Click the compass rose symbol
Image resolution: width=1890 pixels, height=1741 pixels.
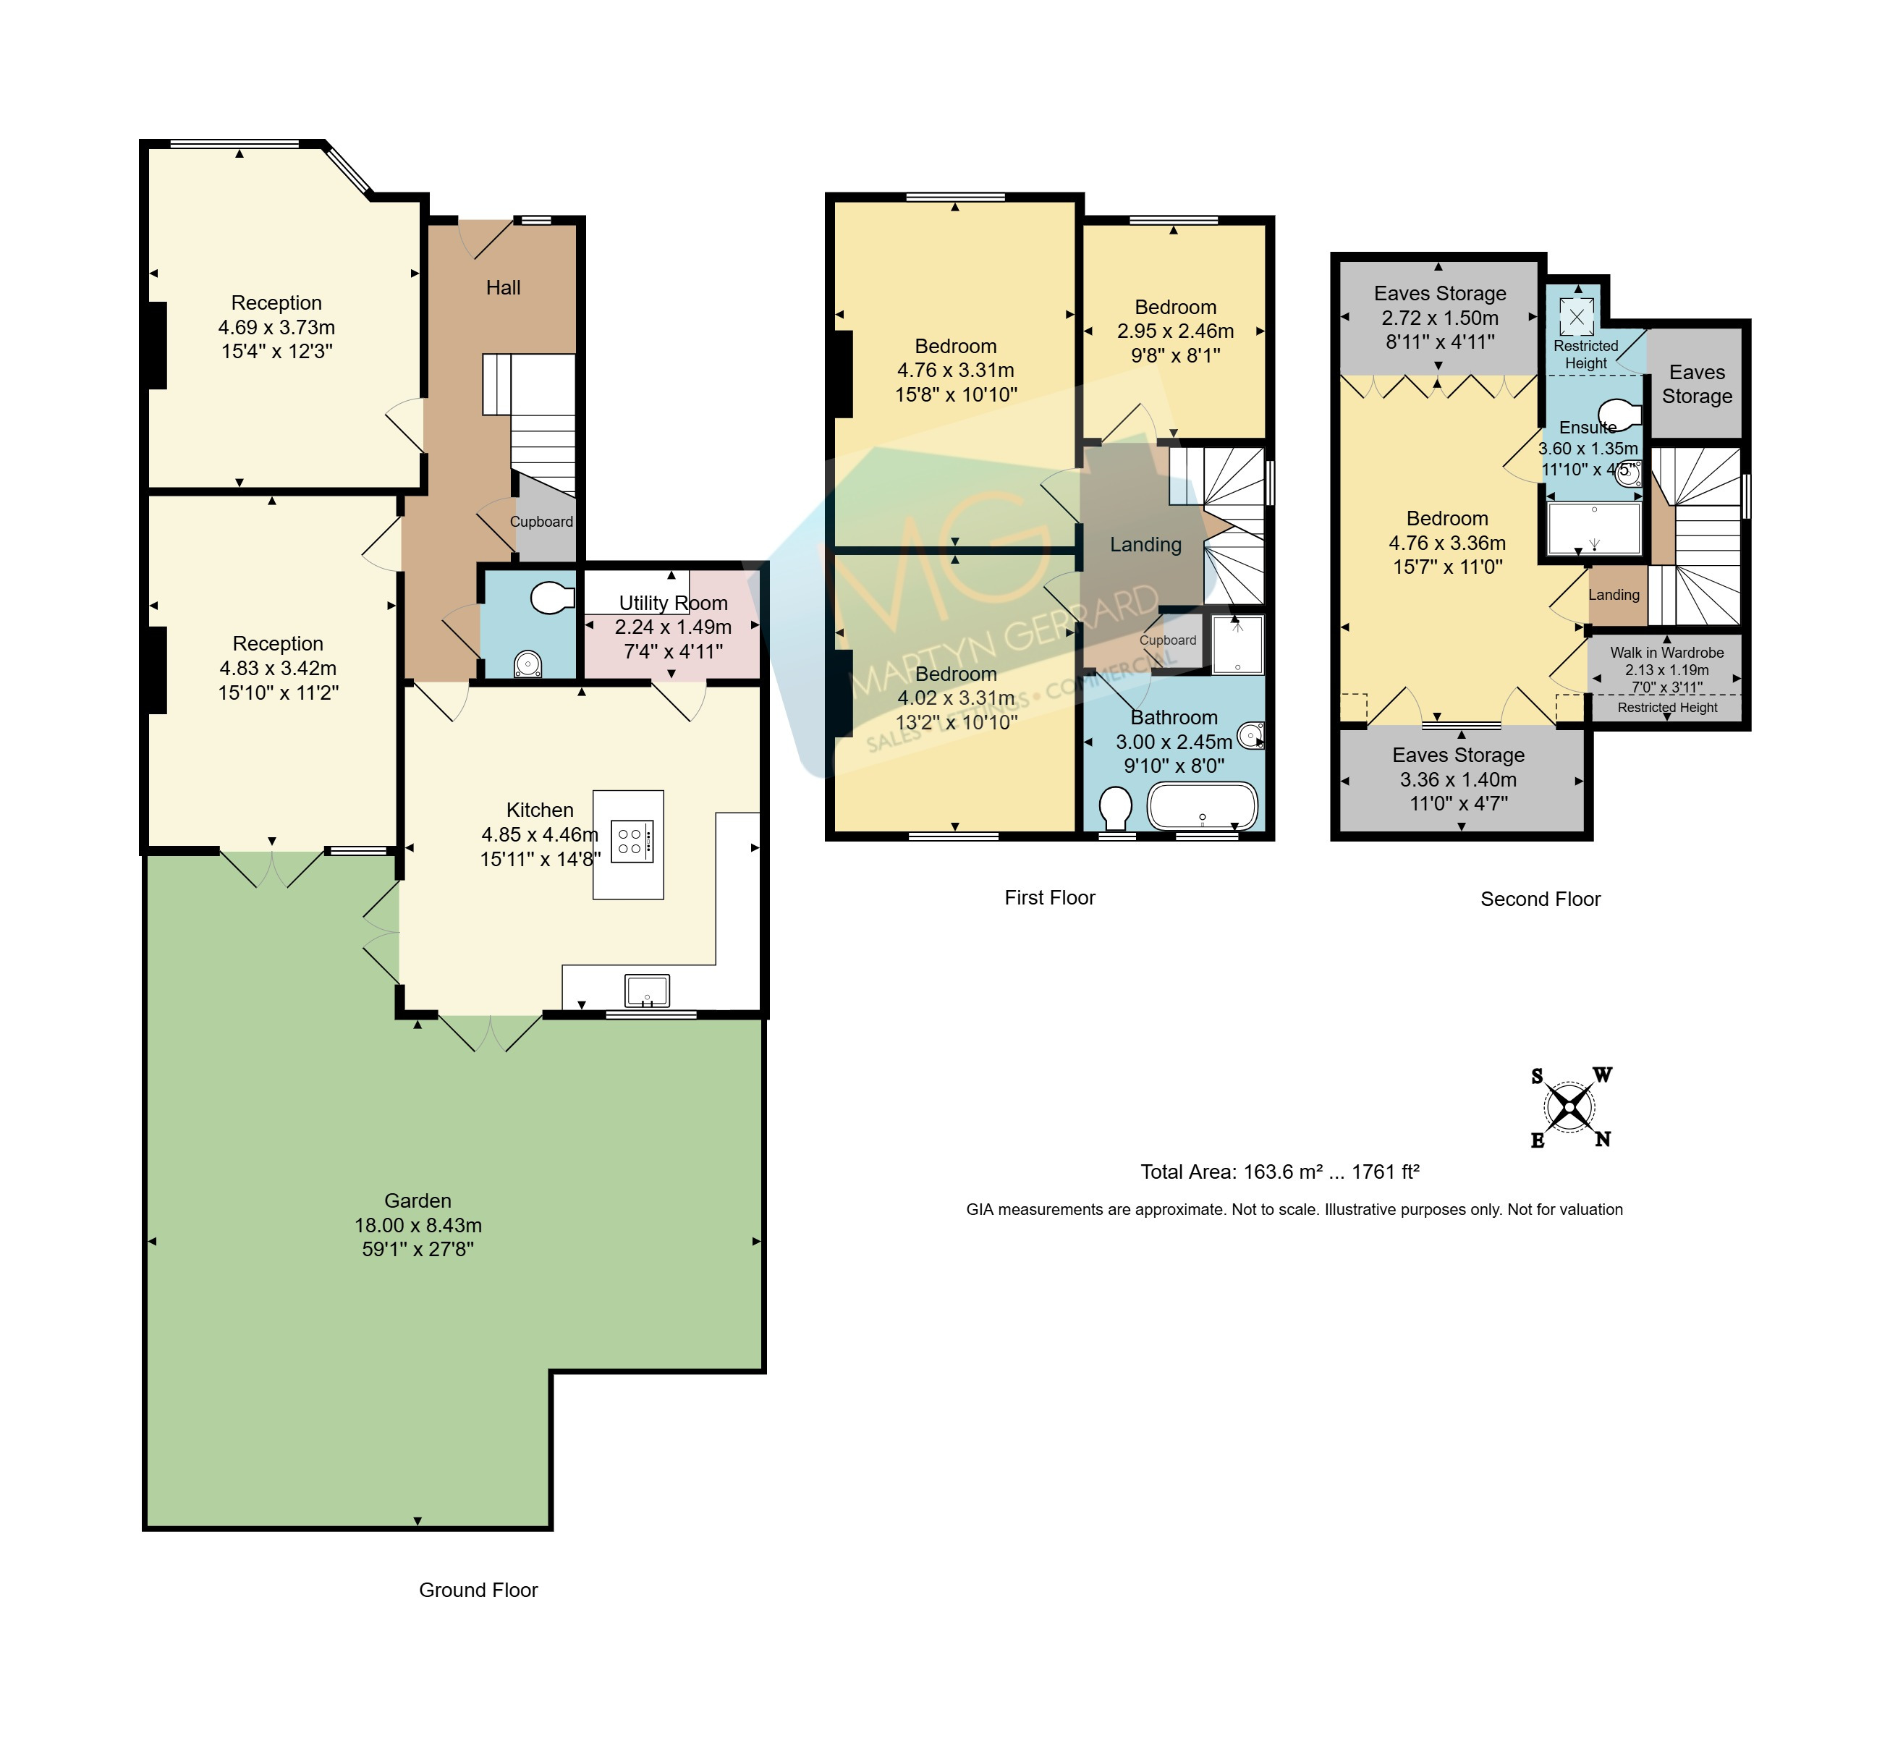coord(1569,1107)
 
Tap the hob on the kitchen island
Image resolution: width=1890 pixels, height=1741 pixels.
coord(631,842)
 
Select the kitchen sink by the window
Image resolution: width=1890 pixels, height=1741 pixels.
coord(648,991)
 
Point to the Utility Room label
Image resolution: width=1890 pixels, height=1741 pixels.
coord(674,603)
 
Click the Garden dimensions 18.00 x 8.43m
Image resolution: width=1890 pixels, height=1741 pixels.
coord(418,1226)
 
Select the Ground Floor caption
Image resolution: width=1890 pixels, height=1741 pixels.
coord(478,1590)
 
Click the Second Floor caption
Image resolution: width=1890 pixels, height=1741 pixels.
coord(1541,899)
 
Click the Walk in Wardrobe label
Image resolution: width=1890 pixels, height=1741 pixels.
coord(1666,652)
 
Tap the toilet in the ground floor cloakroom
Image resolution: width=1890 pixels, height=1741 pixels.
coord(552,597)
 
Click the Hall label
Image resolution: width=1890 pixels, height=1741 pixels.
coord(503,287)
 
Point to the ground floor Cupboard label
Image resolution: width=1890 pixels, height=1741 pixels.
coord(542,522)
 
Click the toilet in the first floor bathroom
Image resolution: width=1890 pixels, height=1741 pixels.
coord(1116,808)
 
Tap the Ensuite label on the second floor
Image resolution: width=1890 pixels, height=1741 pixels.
coord(1588,427)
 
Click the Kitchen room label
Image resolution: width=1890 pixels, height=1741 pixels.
coord(540,810)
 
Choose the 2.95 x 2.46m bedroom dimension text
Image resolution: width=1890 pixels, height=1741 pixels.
coord(1176,331)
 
